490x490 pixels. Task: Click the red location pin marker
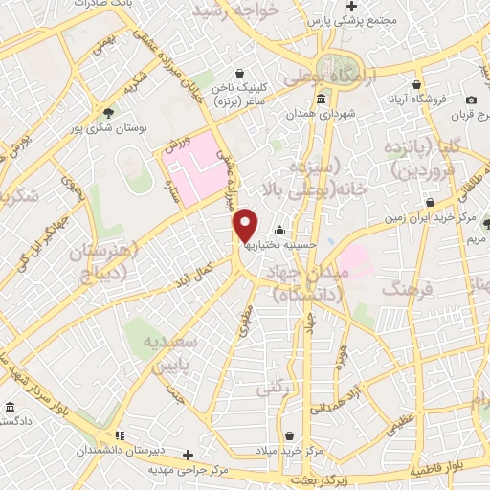point(246,225)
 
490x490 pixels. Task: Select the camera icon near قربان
point(471,100)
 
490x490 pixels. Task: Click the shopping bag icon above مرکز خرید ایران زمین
point(432,203)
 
